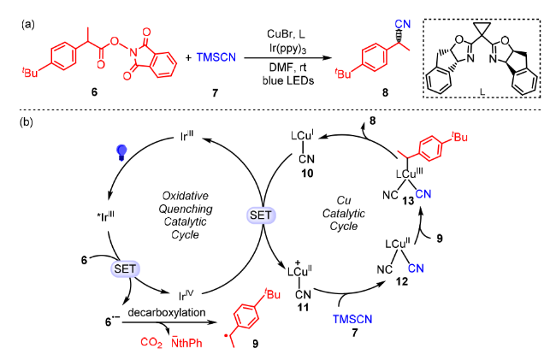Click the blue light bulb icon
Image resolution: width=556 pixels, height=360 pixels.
(121, 152)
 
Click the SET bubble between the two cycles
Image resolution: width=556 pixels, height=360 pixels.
(261, 215)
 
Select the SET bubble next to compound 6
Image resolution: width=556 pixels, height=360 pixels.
(125, 269)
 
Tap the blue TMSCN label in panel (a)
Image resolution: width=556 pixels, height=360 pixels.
(216, 57)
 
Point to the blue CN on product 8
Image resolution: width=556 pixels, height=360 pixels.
(403, 24)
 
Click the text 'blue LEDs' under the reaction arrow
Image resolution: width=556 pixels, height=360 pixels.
(288, 80)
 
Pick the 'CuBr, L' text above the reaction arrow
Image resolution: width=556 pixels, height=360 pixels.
(286, 34)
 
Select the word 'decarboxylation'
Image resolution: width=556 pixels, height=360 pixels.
(167, 312)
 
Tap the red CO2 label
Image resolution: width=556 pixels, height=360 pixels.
(151, 342)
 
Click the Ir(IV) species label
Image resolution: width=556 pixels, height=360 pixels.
(186, 295)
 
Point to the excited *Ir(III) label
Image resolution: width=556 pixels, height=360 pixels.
(105, 216)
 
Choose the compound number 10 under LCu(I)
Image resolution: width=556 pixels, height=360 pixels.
(307, 174)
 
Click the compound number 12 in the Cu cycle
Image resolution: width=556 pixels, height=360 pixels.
(402, 281)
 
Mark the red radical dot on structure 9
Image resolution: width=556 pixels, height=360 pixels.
(226, 334)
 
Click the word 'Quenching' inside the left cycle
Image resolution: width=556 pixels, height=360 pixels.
(185, 209)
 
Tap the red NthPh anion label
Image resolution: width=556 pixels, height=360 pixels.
(186, 342)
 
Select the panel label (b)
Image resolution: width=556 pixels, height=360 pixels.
(27, 122)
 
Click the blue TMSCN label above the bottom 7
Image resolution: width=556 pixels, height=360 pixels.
(352, 319)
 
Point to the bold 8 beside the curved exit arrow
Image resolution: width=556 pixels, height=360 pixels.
(372, 121)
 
